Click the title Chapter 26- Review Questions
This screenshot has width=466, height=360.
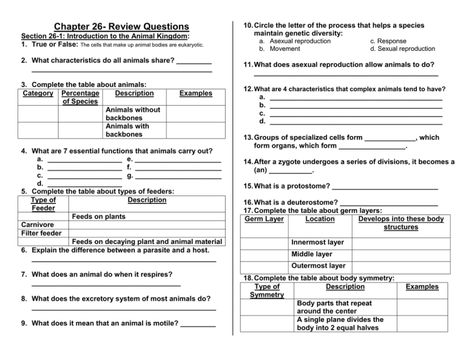coord(121,27)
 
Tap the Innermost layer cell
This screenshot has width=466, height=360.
coord(317,242)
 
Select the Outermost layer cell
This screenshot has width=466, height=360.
coord(319,265)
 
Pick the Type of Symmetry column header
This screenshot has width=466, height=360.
coord(268,290)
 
